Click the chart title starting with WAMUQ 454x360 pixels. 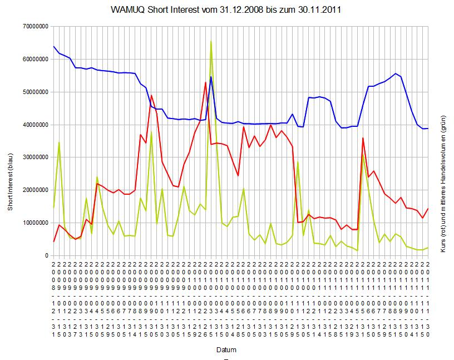coord(226,10)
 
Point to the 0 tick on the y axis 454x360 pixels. coord(46,256)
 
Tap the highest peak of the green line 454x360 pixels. coord(211,41)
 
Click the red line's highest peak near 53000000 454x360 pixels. coord(205,82)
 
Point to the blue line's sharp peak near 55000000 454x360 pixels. coord(211,77)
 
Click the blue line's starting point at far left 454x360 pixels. coord(53,47)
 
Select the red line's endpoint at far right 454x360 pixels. coord(428,209)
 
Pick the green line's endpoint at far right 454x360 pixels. coord(428,248)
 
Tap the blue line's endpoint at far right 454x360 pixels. coord(428,129)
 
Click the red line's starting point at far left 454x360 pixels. coord(53,241)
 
